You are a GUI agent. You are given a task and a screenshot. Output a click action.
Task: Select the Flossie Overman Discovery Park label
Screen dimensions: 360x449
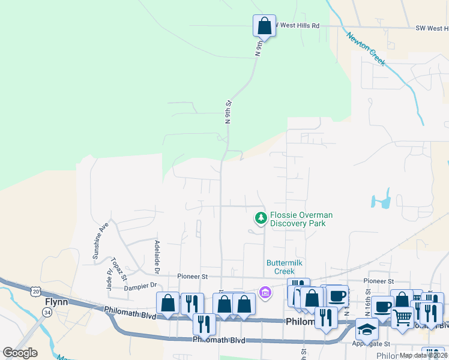(301, 220)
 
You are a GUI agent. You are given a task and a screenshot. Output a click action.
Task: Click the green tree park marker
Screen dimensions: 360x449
(261, 217)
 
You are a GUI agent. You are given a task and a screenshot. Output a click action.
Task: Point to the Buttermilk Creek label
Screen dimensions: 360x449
(285, 267)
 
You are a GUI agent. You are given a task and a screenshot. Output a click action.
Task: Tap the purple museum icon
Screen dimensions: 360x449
(265, 292)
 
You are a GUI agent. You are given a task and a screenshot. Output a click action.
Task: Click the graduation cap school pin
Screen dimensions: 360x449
(367, 329)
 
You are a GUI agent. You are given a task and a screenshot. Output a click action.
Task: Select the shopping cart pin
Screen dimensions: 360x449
(403, 316)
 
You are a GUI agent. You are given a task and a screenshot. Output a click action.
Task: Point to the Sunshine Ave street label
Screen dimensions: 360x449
(100, 241)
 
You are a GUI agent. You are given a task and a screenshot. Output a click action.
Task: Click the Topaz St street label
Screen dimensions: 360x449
(116, 268)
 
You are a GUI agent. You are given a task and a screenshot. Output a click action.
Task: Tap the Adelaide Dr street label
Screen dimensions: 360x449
(157, 254)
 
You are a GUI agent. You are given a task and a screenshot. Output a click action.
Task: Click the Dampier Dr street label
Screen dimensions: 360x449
(140, 287)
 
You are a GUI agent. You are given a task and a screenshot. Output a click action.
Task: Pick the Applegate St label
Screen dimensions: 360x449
(372, 344)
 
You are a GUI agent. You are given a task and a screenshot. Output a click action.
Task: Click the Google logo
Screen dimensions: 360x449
(20, 353)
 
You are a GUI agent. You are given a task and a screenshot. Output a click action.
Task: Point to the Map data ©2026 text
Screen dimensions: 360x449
(423, 355)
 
